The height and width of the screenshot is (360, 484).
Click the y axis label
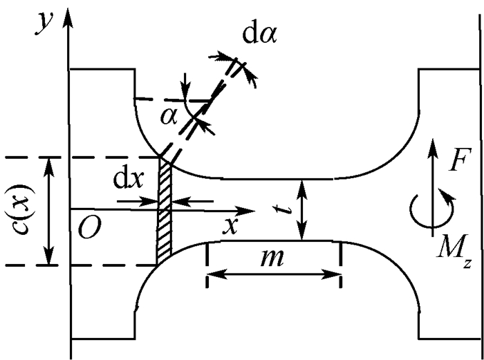(x=45, y=22)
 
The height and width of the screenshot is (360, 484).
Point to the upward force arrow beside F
(x=432, y=166)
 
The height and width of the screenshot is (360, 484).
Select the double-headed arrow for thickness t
(x=301, y=209)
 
